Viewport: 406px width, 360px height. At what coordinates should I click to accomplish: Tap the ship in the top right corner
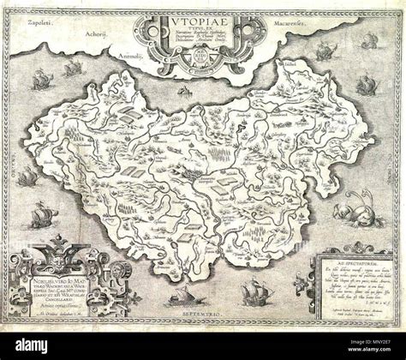[370, 40]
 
